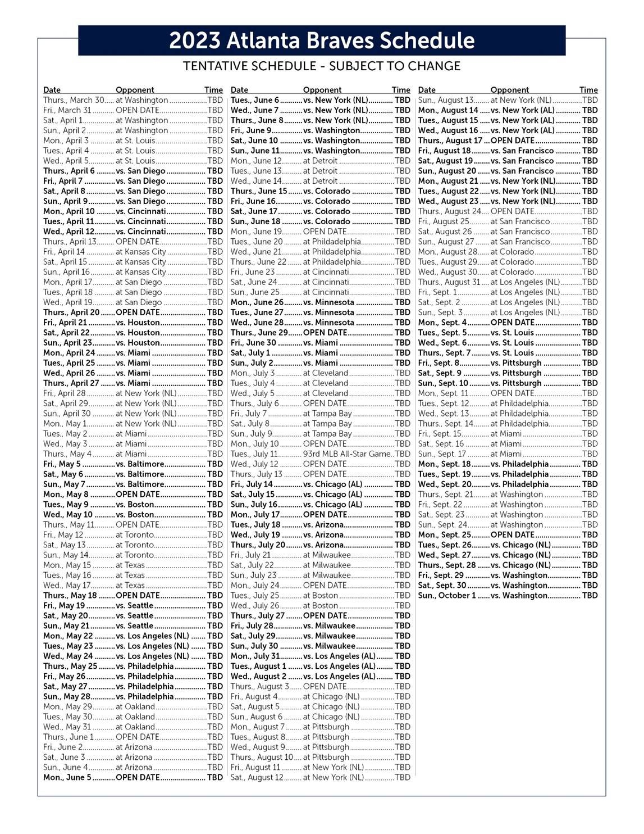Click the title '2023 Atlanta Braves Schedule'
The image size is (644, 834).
(322, 40)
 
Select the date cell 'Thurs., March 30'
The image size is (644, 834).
(74, 100)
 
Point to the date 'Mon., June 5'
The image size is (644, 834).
(67, 778)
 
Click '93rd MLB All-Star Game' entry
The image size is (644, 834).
(348, 454)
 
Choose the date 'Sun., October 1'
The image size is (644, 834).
(447, 596)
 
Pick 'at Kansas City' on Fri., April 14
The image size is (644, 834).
(141, 252)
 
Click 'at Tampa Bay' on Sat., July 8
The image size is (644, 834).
(327, 424)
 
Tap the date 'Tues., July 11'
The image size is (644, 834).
(254, 454)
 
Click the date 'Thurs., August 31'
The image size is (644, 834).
(449, 282)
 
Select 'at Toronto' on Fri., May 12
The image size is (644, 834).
(135, 535)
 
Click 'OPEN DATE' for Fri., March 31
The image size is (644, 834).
(138, 110)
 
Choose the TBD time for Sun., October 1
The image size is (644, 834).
(590, 596)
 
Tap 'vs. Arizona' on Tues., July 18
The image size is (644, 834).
(323, 525)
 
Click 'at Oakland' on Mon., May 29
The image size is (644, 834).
(135, 707)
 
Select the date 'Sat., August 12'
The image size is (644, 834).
(257, 778)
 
